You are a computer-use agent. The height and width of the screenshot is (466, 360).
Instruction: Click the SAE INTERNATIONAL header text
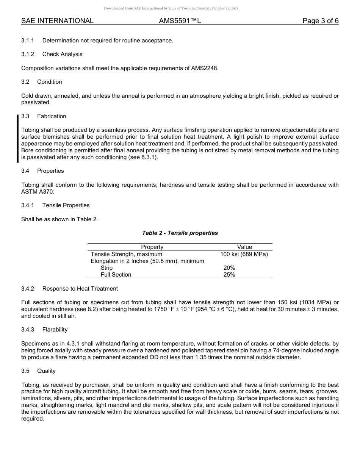tap(57, 21)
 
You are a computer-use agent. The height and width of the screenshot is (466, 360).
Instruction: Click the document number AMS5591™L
tap(180, 21)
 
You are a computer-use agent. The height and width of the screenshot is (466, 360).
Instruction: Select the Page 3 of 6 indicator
tap(320, 21)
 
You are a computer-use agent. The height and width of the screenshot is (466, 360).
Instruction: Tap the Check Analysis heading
tap(62, 54)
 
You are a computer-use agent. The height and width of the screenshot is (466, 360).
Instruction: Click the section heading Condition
tap(50, 82)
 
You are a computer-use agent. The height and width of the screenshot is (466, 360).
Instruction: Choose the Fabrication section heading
tap(52, 116)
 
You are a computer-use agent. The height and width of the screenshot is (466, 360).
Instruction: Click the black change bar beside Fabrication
tap(18, 139)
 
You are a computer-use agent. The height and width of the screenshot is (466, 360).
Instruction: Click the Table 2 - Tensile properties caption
tap(180, 233)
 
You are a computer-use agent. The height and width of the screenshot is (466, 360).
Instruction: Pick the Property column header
tap(152, 247)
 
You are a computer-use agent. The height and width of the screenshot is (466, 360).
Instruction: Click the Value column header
tap(244, 247)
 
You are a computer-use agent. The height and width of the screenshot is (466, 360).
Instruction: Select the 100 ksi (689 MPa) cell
tap(244, 254)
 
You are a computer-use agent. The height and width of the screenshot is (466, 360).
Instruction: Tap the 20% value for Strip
tap(229, 268)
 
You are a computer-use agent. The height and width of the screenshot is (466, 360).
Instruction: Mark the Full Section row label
tap(116, 275)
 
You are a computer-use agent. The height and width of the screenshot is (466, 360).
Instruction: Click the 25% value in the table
tap(229, 275)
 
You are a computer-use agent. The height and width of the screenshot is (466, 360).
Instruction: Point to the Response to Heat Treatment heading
tap(80, 289)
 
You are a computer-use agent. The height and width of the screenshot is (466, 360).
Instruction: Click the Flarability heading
tap(55, 330)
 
